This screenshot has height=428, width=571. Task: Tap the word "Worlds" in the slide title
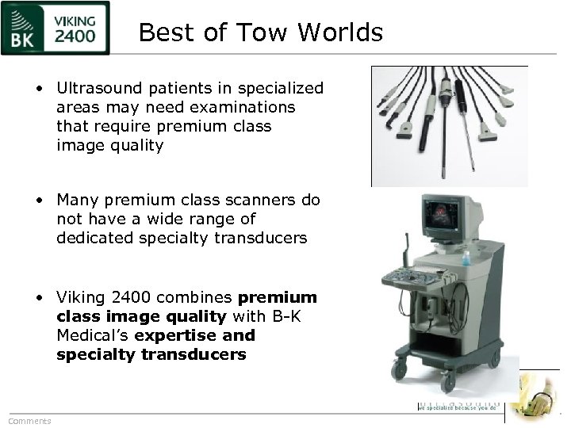(343, 32)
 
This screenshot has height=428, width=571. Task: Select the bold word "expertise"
(174, 336)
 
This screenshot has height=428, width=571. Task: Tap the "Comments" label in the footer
(29, 421)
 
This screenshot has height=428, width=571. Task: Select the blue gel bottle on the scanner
(466, 258)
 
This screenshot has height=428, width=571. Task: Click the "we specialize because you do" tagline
(457, 407)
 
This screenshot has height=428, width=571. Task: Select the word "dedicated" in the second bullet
(90, 237)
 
